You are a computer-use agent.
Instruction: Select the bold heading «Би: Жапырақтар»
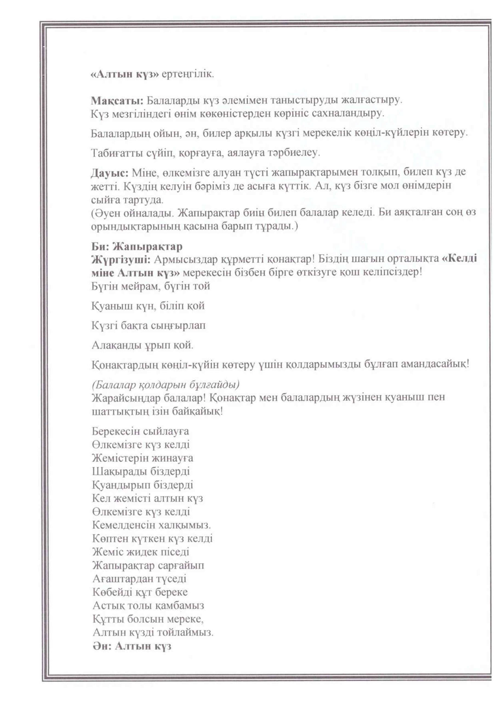tap(137, 246)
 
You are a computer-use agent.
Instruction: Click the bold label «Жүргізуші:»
tap(121, 259)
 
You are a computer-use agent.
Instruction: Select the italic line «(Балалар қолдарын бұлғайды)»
tap(165, 384)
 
